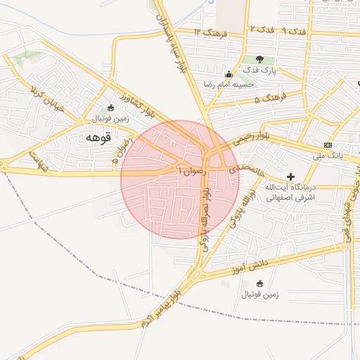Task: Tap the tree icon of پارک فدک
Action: tap(260, 60)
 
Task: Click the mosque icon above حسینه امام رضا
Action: tap(228, 74)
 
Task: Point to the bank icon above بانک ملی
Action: tap(328, 144)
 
